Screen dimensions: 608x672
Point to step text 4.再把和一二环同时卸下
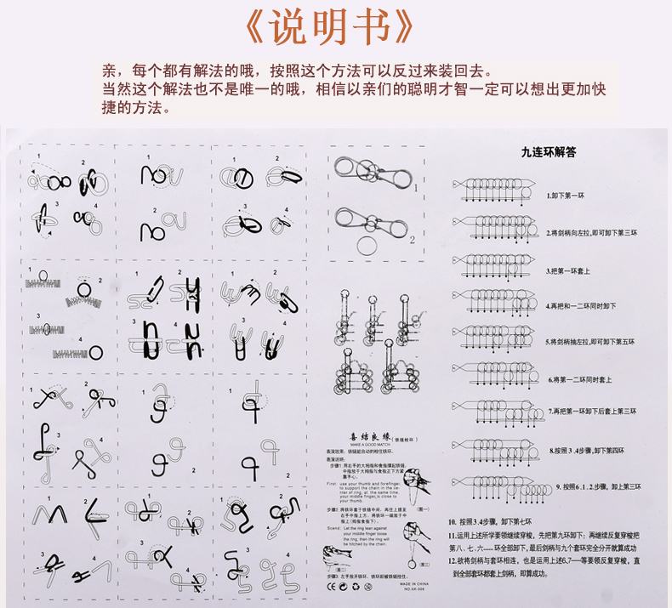[x=584, y=305]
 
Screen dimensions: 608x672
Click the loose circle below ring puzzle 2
[x=367, y=247]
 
